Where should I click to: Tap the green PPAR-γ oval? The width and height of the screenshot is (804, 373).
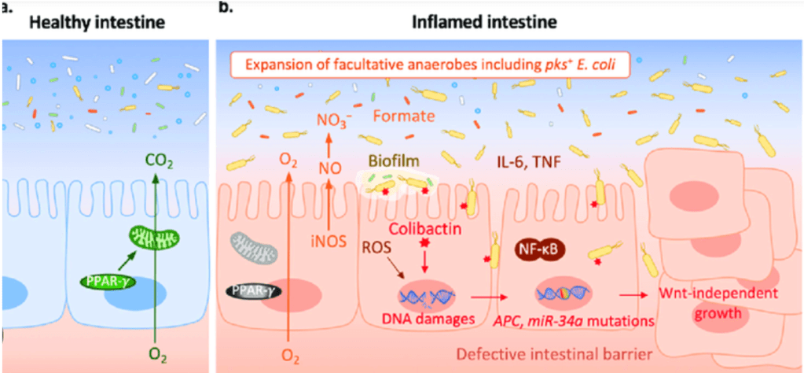tap(105, 279)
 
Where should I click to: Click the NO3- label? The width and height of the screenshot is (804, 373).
tap(333, 120)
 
